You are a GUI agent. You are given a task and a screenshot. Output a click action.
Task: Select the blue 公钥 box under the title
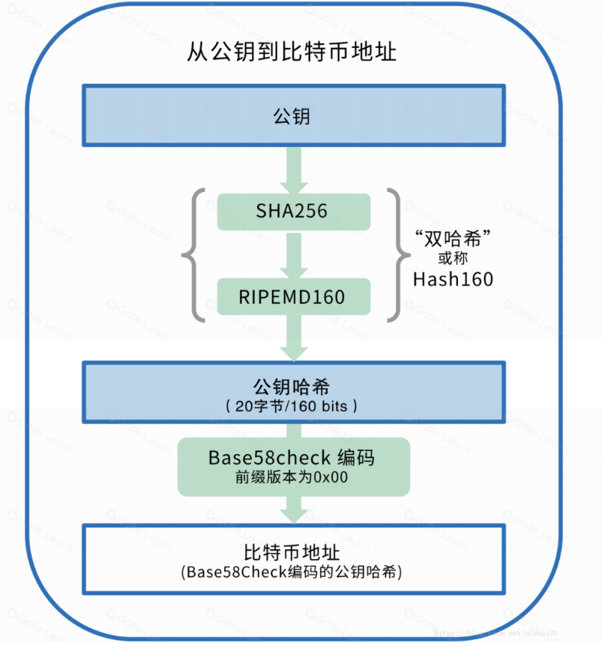click(x=293, y=116)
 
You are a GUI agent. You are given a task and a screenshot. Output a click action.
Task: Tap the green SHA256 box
click(x=293, y=212)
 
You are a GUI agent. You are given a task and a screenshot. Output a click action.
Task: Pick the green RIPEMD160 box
click(x=293, y=296)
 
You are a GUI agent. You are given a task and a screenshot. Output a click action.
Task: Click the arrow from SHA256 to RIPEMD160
click(x=293, y=255)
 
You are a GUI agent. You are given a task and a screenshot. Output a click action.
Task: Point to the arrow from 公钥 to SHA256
click(x=293, y=171)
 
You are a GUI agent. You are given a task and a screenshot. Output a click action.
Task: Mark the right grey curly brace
click(x=394, y=255)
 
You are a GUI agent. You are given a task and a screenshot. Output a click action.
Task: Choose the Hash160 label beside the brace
click(x=453, y=280)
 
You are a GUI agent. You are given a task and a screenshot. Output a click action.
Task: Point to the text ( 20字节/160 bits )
click(x=292, y=406)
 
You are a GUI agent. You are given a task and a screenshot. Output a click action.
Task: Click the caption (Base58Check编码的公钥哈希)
click(x=292, y=572)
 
